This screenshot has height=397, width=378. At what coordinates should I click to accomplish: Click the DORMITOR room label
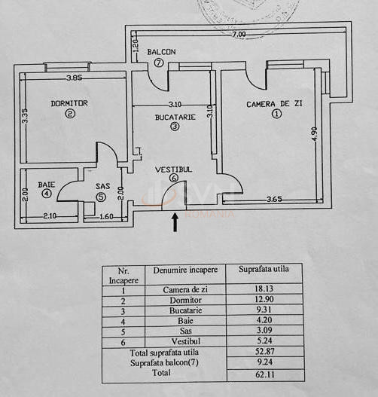click(70, 102)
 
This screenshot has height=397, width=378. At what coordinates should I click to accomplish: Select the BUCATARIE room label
click(175, 117)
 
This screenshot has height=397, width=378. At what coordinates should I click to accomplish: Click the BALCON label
click(161, 52)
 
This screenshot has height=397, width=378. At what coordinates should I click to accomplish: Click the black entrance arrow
click(175, 221)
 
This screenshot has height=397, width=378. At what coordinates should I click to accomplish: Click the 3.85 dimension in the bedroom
click(73, 78)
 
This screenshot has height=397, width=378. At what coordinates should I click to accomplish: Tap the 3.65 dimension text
click(279, 200)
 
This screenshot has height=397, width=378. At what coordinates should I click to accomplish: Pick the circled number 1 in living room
click(276, 114)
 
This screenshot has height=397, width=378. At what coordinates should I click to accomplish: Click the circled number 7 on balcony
click(159, 63)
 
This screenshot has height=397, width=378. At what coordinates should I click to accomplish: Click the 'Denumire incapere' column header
click(185, 269)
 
